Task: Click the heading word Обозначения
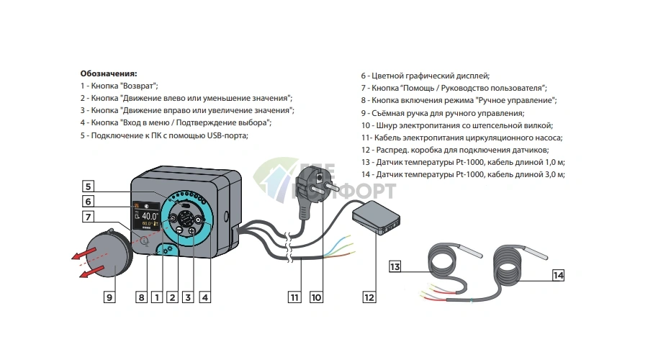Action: pos(109,73)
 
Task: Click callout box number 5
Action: pos(87,184)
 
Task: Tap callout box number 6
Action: pos(87,201)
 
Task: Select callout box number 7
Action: pos(87,217)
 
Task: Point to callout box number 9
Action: pos(109,296)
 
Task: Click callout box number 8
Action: pos(141,296)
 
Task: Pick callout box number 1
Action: pos(156,296)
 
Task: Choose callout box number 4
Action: pos(205,296)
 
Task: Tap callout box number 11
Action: pos(294,296)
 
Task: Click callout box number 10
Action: pos(315,296)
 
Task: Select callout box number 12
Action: pos(369,296)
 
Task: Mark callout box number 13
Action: pos(395,267)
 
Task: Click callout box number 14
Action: pos(559,275)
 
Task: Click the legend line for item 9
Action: pos(442,113)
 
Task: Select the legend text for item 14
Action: pos(462,174)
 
